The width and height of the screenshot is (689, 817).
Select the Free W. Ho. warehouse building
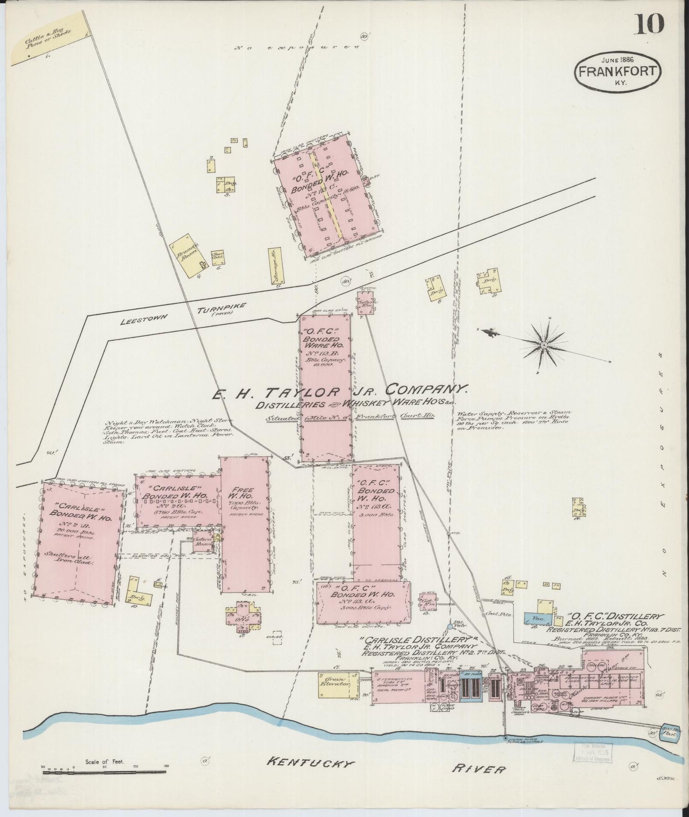246,524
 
